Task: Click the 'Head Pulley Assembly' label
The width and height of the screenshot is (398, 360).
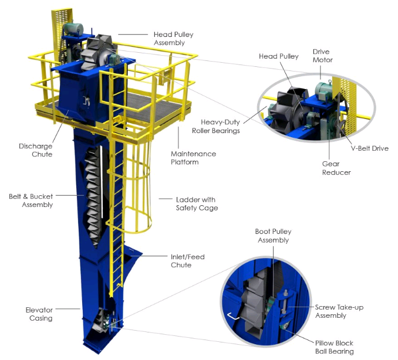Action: [x=173, y=39]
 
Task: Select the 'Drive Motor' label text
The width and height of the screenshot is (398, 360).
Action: [x=322, y=56]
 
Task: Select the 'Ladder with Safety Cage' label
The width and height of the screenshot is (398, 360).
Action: [x=197, y=203]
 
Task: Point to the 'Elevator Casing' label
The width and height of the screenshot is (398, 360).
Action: [x=39, y=314]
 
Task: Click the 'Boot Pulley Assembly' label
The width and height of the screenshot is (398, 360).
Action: [x=272, y=236]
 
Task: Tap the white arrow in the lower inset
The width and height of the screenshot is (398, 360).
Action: [x=234, y=317]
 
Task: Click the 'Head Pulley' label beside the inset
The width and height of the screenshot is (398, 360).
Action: [x=279, y=56]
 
